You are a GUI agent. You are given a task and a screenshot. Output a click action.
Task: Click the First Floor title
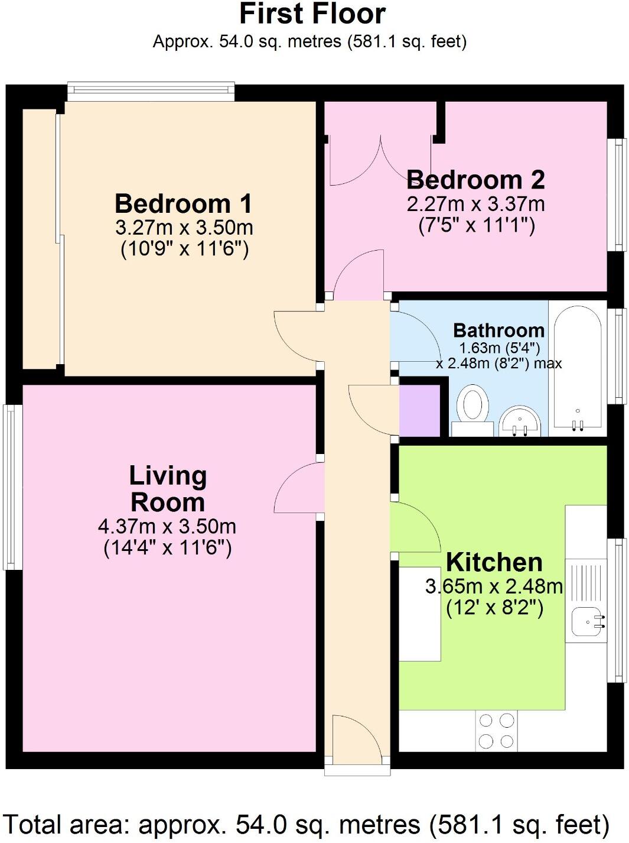(312, 14)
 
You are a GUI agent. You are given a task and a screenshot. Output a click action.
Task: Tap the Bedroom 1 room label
(184, 204)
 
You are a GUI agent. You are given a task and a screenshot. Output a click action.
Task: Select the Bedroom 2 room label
(475, 180)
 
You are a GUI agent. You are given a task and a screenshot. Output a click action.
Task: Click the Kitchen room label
(494, 562)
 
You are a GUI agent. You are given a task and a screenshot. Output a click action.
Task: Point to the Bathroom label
(498, 330)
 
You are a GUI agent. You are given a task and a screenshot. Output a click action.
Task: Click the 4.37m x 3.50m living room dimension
(167, 526)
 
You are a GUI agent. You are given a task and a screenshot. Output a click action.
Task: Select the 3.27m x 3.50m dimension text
(184, 228)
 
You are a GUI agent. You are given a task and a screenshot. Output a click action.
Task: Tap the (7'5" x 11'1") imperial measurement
(476, 226)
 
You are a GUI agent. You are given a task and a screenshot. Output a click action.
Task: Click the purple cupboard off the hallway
(420, 410)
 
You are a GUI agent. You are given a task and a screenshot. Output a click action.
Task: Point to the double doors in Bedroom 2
(380, 160)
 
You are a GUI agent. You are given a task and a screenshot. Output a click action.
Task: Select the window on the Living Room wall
(12, 487)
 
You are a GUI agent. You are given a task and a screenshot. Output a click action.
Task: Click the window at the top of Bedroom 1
(151, 92)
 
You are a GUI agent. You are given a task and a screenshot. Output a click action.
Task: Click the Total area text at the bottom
(307, 824)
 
